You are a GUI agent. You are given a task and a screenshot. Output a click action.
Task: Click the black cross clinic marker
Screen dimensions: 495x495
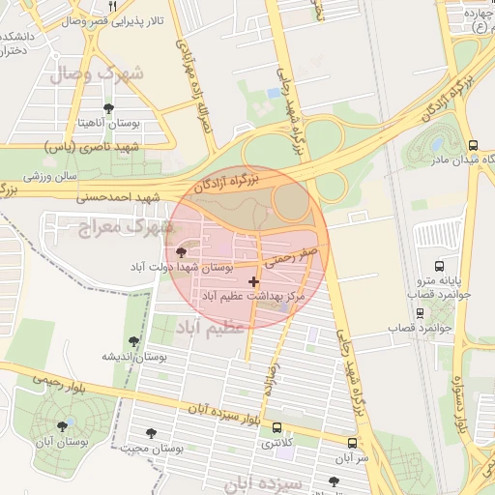point(254,281)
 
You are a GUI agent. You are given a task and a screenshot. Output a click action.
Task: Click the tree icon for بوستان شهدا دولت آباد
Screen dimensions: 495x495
point(183,251)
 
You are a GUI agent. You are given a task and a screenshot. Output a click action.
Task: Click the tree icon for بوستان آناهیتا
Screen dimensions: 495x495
point(107,108)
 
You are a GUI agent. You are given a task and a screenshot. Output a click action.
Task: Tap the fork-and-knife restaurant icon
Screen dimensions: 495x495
point(114,6)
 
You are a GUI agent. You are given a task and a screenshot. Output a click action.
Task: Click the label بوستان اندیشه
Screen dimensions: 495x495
point(131,356)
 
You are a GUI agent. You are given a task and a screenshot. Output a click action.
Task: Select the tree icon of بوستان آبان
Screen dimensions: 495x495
point(62,425)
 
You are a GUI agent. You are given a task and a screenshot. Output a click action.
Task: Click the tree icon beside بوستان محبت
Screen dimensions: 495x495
point(150,434)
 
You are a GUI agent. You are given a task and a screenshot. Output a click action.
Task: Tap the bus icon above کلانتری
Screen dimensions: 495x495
point(278,427)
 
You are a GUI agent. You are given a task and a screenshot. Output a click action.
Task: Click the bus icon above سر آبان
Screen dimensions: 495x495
point(352,443)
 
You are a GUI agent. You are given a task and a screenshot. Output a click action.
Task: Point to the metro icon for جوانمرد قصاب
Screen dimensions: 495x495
point(420,313)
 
